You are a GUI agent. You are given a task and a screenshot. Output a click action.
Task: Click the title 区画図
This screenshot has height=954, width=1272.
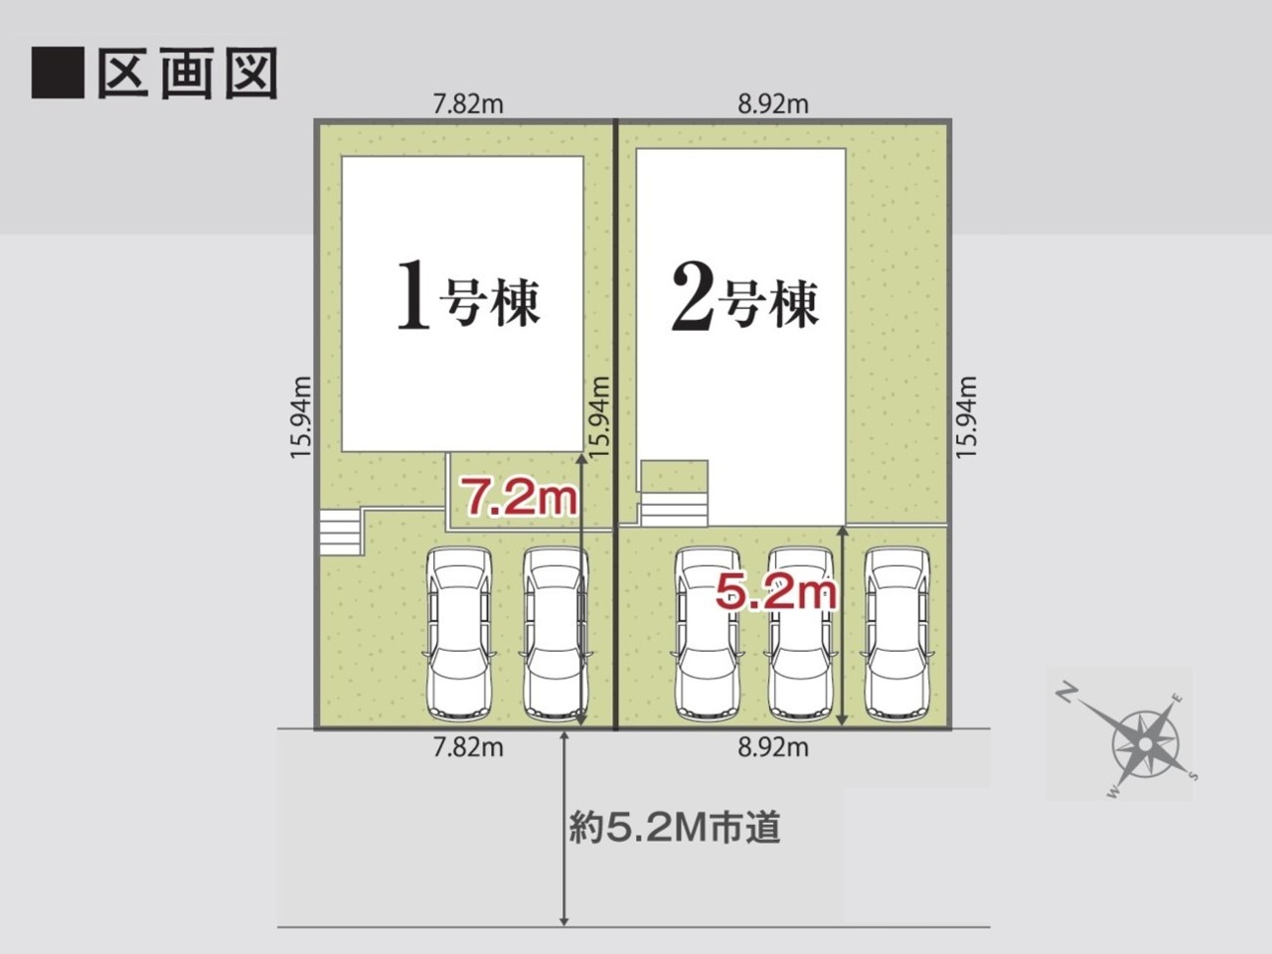pos(188,73)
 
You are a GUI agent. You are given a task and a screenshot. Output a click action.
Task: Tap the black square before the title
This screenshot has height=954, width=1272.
pos(58,73)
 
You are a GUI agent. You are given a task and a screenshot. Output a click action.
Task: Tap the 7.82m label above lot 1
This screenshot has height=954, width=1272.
pos(468,105)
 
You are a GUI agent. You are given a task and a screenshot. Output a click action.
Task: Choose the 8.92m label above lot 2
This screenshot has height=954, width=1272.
pos(773,105)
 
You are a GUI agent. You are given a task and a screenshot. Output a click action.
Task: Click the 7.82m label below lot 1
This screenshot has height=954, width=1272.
pos(468,747)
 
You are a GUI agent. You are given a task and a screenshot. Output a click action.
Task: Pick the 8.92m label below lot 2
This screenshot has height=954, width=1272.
pos(773,747)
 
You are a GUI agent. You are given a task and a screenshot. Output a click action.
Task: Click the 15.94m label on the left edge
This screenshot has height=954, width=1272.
pos(301,417)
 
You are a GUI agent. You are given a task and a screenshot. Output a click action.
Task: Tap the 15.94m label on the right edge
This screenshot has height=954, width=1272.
pos(966,417)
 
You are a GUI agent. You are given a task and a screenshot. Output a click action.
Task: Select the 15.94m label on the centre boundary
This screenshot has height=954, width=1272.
pos(600,417)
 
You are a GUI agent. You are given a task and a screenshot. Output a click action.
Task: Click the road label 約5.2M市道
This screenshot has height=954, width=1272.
pos(675,828)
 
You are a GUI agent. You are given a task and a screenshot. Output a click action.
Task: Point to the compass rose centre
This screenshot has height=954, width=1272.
pos(1145,743)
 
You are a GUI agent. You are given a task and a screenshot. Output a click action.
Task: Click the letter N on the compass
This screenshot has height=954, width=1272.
pos(1066,693)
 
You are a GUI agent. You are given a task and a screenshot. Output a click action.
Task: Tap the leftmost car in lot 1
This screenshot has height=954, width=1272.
pos(459,634)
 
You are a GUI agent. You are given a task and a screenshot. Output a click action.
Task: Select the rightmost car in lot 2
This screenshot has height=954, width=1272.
pos(896,634)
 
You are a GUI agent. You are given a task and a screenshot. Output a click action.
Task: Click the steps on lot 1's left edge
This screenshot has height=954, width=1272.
pos(341,533)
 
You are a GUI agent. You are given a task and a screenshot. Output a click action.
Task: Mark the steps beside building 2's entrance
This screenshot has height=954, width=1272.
pos(674,510)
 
